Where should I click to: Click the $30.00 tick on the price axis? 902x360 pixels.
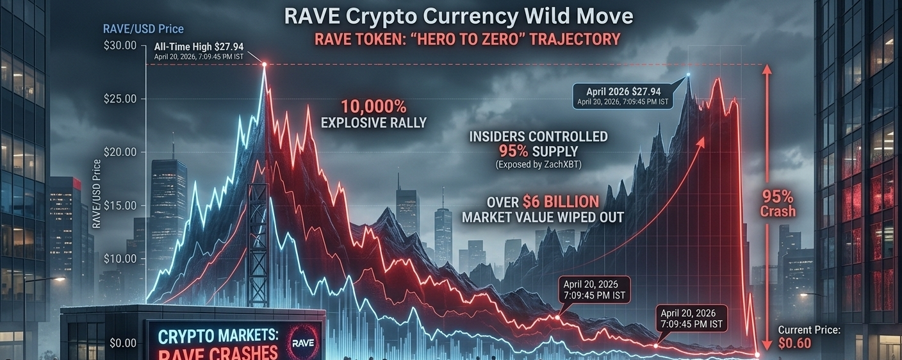(120, 45)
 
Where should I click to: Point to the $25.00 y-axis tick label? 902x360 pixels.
(120, 99)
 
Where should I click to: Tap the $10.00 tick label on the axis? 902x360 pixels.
(120, 259)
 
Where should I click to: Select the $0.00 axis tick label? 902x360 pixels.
(123, 343)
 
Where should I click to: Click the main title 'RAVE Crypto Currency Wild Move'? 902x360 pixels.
(459, 17)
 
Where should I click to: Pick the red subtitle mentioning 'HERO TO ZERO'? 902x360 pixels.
(467, 39)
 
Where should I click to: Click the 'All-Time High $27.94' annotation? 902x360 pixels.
(199, 47)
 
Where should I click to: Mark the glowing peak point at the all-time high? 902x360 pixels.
(264, 64)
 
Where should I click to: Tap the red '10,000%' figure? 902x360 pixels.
(373, 107)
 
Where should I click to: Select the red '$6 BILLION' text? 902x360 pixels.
(561, 201)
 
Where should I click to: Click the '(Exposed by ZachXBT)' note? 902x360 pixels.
(538, 165)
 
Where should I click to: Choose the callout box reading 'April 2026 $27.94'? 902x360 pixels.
(623, 96)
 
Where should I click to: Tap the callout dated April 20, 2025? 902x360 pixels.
(594, 290)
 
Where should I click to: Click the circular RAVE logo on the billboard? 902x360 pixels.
(303, 343)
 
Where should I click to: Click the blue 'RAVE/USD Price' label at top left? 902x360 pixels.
(143, 29)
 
